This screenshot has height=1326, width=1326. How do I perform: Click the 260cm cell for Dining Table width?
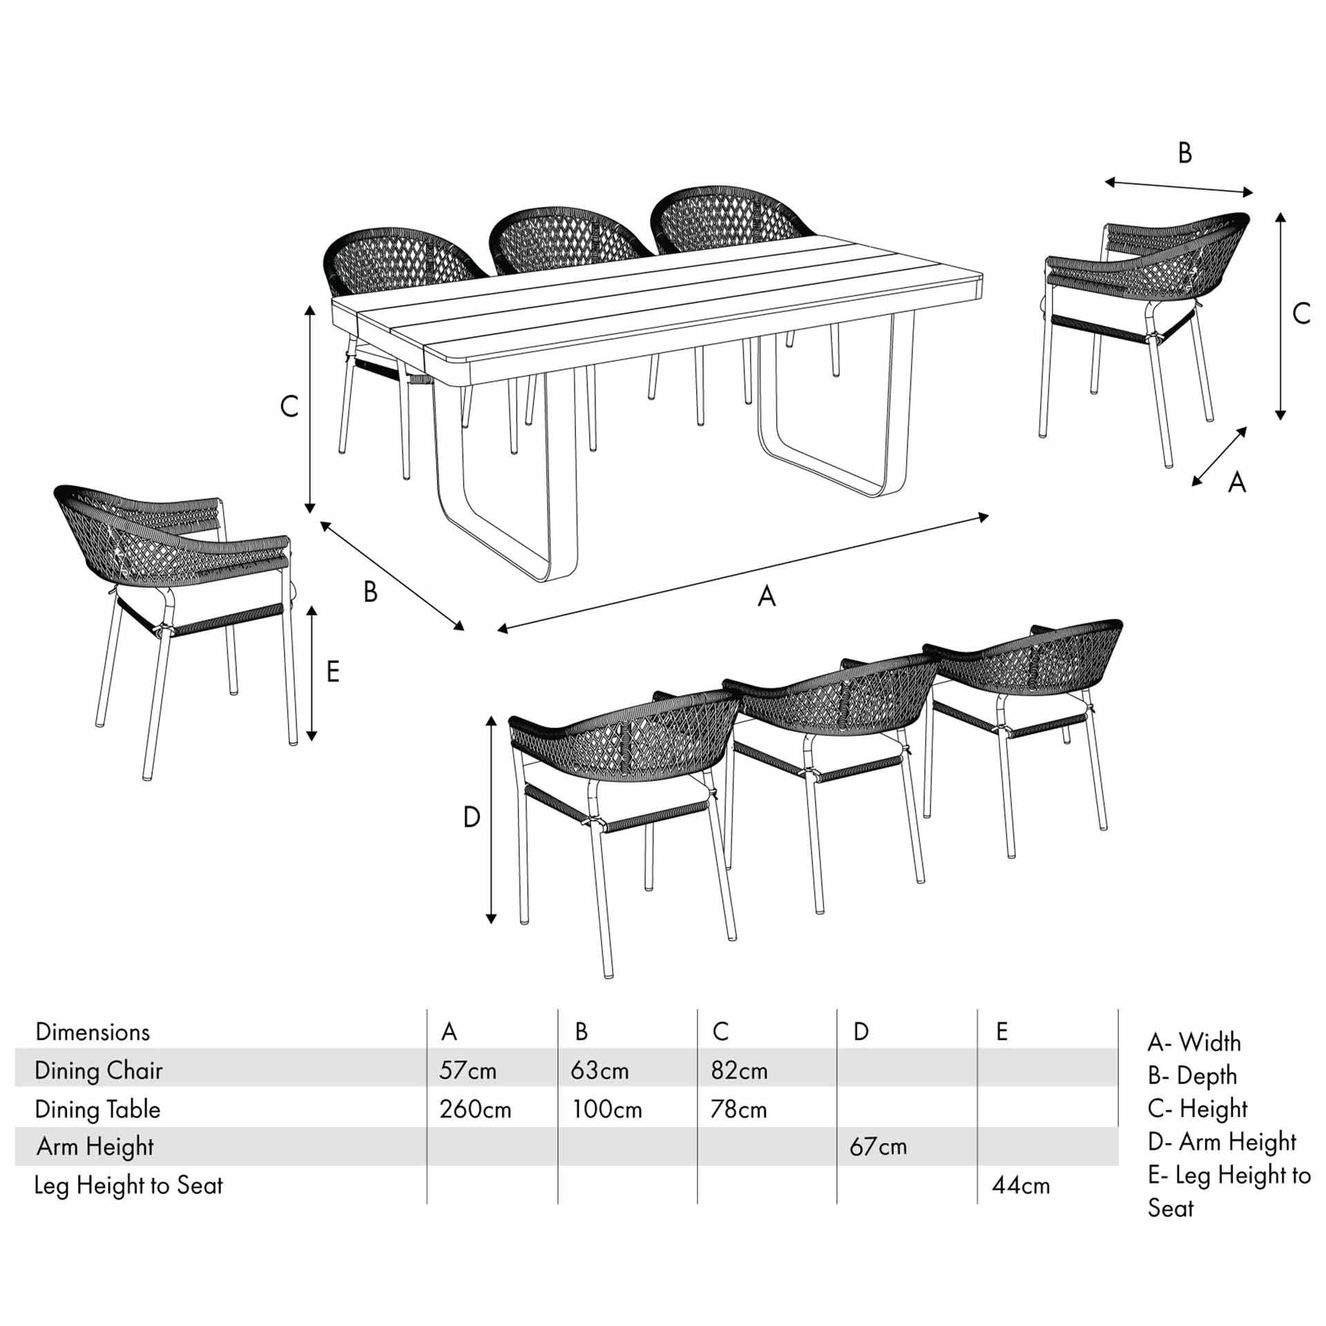click(475, 1110)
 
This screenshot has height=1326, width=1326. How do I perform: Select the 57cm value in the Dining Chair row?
click(468, 1070)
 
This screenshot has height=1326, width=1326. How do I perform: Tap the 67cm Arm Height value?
click(878, 1147)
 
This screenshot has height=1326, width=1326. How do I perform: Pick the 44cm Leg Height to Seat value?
click(1021, 1186)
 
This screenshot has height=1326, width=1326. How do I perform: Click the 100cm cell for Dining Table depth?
click(607, 1110)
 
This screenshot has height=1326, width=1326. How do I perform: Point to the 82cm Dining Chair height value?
click(739, 1070)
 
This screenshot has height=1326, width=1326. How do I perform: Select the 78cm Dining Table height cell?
click(738, 1110)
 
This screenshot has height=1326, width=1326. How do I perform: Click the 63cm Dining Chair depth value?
click(599, 1070)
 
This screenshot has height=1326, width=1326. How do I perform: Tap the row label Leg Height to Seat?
click(128, 1186)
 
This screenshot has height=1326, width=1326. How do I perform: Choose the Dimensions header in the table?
click(93, 1032)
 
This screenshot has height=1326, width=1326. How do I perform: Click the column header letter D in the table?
click(861, 1032)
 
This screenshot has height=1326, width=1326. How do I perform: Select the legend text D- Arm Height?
click(1222, 1142)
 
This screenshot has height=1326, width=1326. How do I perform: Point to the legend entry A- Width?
click(1194, 1042)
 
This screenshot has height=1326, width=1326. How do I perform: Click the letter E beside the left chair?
click(333, 671)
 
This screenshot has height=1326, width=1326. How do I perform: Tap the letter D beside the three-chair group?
click(472, 818)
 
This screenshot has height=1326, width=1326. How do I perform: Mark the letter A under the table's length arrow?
click(767, 596)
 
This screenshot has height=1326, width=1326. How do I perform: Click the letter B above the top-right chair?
click(1185, 153)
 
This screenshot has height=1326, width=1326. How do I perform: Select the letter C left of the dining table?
click(289, 406)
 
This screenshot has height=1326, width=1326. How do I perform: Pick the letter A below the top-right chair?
click(1237, 482)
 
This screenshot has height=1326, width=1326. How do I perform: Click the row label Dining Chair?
click(99, 1070)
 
